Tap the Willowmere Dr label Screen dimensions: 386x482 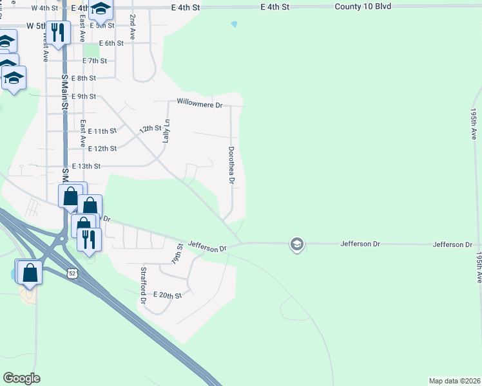tap(200, 103)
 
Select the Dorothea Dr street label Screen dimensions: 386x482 tap(231, 165)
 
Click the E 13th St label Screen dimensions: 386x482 tap(86, 166)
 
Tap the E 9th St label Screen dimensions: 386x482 tap(84, 96)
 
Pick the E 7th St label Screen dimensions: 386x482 tap(95, 60)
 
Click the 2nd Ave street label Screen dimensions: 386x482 tap(132, 26)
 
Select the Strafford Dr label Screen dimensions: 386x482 tap(144, 285)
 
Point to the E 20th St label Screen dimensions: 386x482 tap(168, 295)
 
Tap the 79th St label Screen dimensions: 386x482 tap(177, 255)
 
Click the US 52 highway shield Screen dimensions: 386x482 tap(72, 273)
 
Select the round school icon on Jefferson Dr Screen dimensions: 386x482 tap(296, 244)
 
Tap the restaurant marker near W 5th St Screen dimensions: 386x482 tap(59, 32)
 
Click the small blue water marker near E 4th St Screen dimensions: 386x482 tap(234, 24)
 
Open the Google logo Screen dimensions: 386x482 tap(21, 378)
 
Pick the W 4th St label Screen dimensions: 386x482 tap(44, 8)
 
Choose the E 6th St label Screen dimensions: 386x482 tap(111, 43)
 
